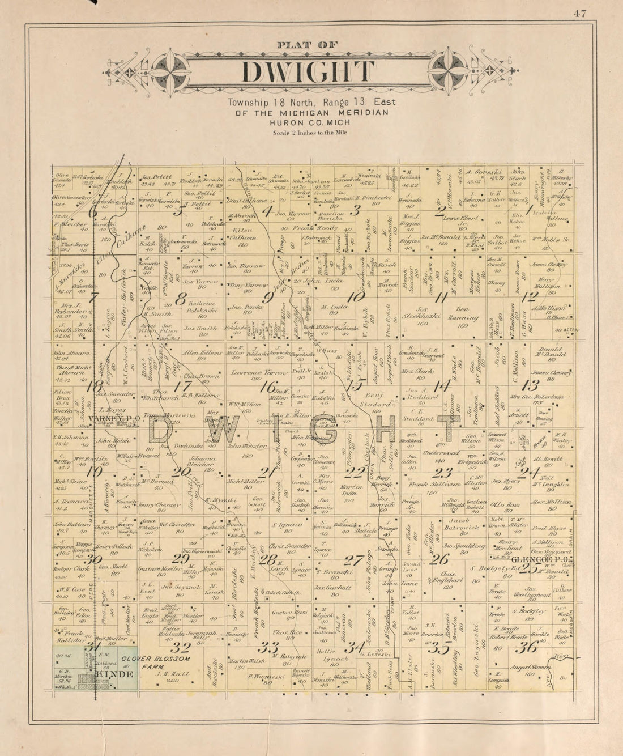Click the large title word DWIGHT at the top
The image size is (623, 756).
tap(309, 73)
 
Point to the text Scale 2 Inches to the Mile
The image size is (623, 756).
tap(309, 133)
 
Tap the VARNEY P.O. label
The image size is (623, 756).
tap(106, 419)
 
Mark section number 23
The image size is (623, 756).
tap(442, 472)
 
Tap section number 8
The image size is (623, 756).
tap(181, 299)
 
